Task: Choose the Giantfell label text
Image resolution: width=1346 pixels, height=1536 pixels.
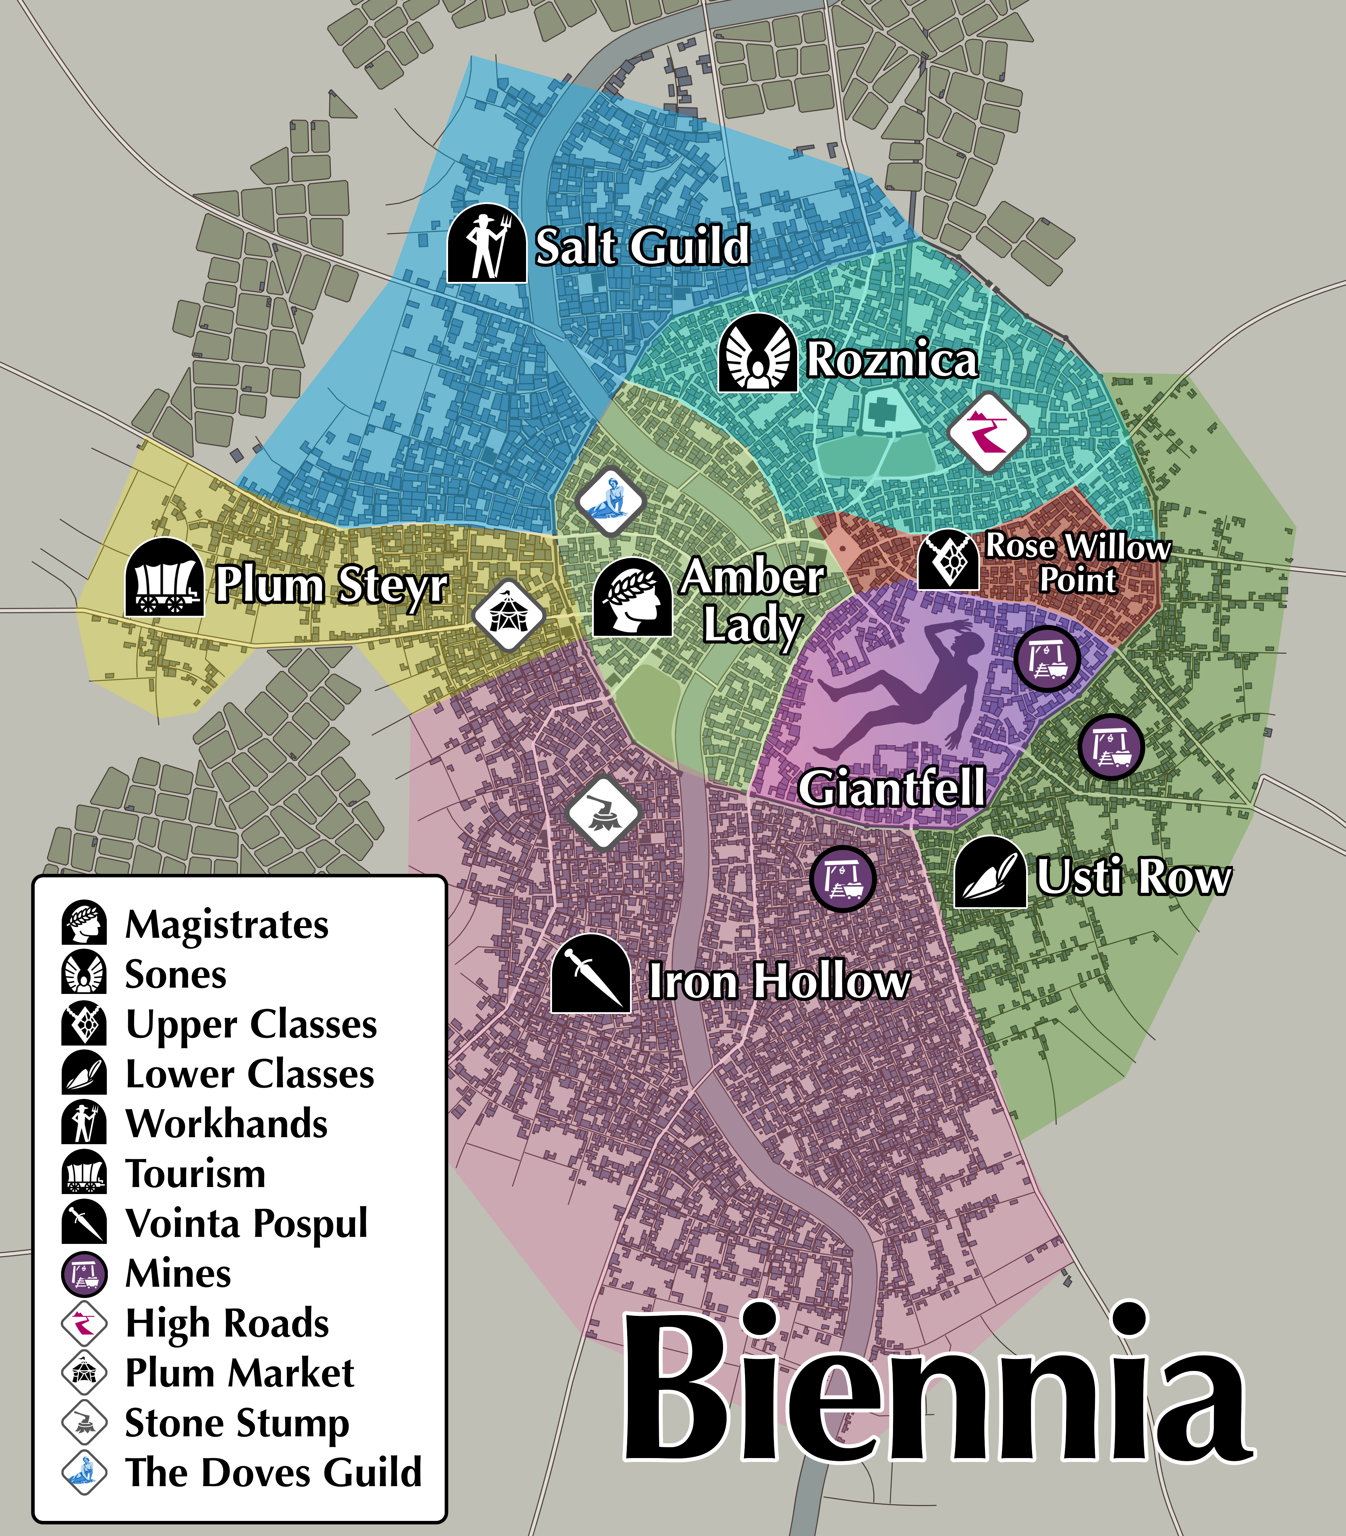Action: tap(892, 788)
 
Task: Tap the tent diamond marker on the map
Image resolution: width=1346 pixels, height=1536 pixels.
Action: tap(508, 614)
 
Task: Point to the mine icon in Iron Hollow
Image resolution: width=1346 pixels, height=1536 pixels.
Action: tap(843, 878)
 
